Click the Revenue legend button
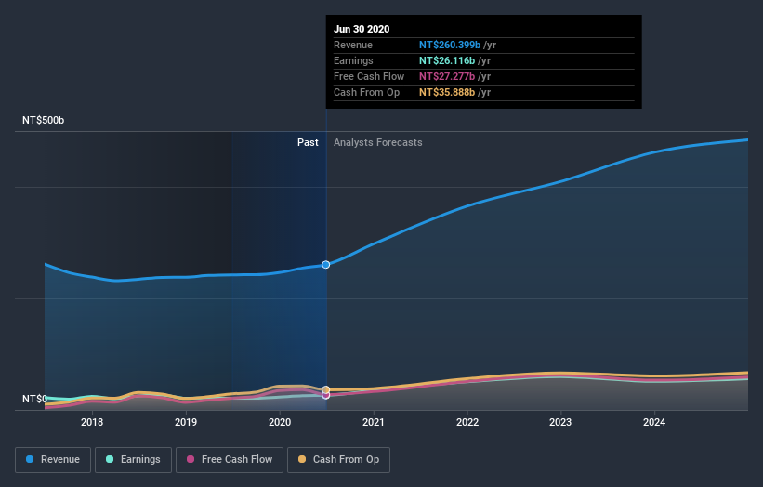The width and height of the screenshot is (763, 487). [53, 459]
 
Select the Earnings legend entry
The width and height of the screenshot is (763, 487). [132, 459]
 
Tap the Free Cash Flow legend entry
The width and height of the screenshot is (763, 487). [227, 459]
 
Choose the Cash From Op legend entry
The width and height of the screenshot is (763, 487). [338, 459]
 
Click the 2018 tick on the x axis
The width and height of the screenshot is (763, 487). [92, 422]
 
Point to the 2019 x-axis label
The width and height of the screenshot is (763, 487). [186, 422]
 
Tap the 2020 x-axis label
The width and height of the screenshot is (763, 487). [280, 422]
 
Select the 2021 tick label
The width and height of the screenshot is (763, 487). [374, 422]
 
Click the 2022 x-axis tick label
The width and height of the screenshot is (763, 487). [467, 422]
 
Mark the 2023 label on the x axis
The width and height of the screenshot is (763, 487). [560, 422]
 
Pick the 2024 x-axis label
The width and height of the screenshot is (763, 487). [654, 422]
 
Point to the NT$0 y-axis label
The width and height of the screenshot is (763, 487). [34, 399]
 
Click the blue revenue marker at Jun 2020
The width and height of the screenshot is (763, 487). [326, 265]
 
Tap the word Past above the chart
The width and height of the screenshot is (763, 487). [308, 142]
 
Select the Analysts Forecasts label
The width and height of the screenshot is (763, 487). [377, 142]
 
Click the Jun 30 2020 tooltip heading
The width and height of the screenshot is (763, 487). [362, 29]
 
